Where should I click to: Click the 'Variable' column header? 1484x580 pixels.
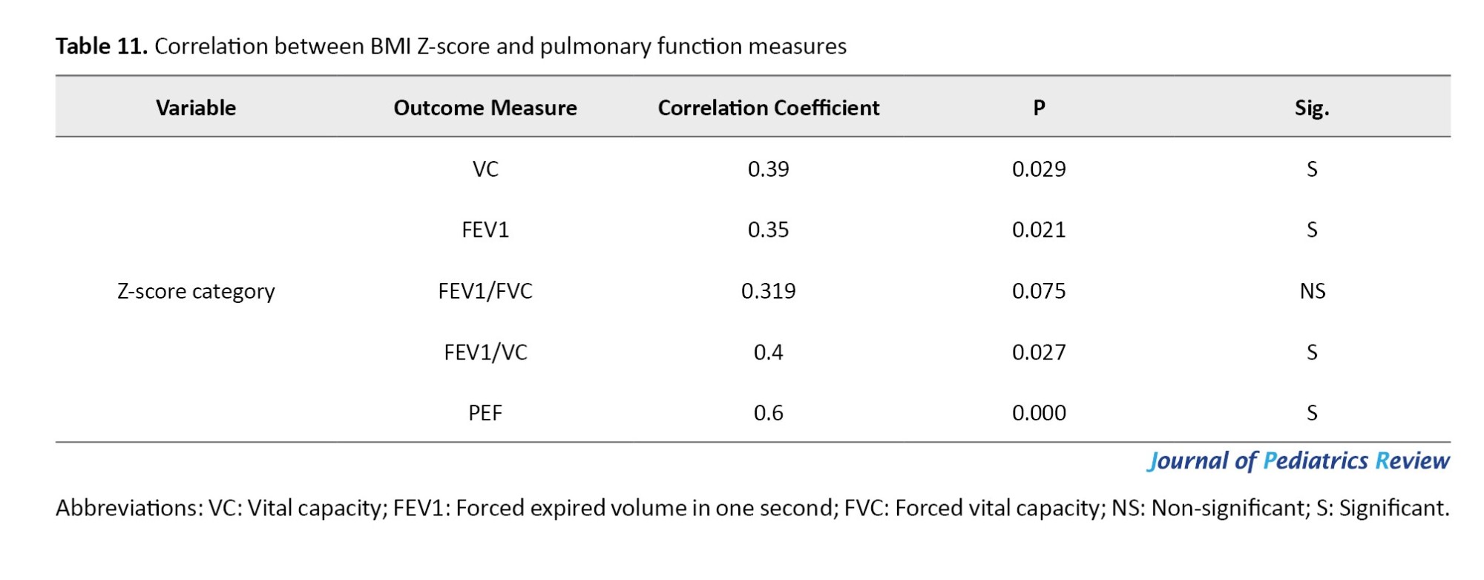coord(196,108)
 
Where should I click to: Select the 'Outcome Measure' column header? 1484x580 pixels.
coord(485,108)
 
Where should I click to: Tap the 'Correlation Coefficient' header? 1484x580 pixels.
coord(768,108)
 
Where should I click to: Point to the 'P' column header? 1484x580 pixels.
coord(1039,108)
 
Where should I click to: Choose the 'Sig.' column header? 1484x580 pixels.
coord(1311,108)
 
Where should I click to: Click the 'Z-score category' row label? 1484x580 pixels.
coord(196,291)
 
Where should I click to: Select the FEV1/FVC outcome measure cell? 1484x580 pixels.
coord(485,291)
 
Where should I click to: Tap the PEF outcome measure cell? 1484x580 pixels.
coord(485,413)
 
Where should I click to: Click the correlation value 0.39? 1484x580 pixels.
coord(768,169)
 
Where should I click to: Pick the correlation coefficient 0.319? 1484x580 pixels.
coord(768,291)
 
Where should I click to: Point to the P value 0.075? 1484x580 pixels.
coord(1039,291)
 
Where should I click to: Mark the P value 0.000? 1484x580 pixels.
coord(1039,413)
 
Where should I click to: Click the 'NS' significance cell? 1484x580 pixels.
coord(1312,291)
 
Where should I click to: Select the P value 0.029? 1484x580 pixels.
coord(1039,169)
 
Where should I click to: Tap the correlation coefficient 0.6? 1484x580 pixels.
coord(768,413)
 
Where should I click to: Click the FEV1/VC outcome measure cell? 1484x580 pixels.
coord(485,352)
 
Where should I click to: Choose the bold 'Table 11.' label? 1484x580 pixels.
coord(102,46)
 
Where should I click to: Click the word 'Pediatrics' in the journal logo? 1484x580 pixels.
coord(1315,461)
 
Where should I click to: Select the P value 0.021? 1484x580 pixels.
coord(1039,230)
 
